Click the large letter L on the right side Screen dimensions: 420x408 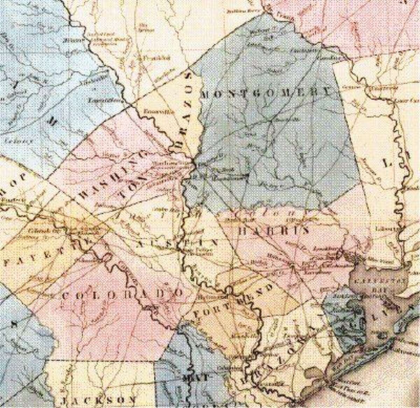coord(387,163)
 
